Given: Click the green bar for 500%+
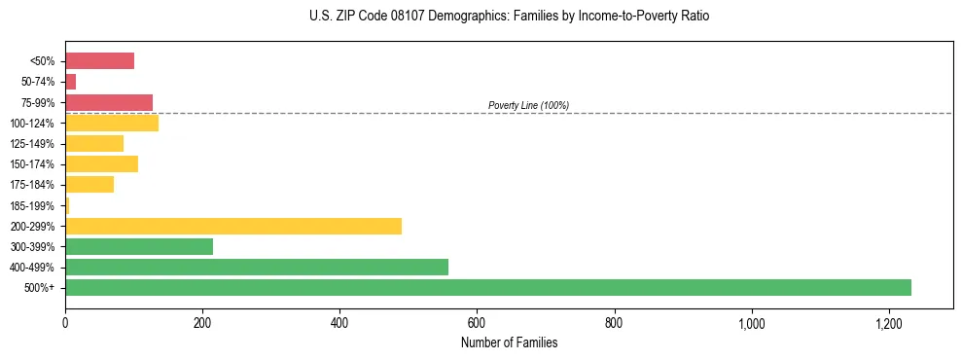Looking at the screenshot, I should pyautogui.click(x=487, y=288).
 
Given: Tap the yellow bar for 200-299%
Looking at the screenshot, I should pyautogui.click(x=233, y=227).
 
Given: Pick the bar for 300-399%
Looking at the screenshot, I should pyautogui.click(x=139, y=247).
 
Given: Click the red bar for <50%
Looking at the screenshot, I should pyautogui.click(x=99, y=61).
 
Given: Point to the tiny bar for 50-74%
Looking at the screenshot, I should pyautogui.click(x=70, y=82).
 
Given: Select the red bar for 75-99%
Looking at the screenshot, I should pyautogui.click(x=109, y=102).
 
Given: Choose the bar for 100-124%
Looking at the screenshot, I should pyautogui.click(x=112, y=124).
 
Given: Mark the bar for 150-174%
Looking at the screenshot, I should pyautogui.click(x=101, y=164).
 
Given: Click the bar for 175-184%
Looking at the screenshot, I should pyautogui.click(x=89, y=185).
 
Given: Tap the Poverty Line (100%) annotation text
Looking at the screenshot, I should pyautogui.click(x=528, y=105).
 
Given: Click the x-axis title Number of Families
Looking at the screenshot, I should pyautogui.click(x=510, y=342).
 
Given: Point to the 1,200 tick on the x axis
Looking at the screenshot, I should pyautogui.click(x=889, y=323).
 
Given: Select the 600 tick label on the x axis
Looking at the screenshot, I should pyautogui.click(x=477, y=323).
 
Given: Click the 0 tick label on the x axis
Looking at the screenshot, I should pyautogui.click(x=65, y=323).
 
